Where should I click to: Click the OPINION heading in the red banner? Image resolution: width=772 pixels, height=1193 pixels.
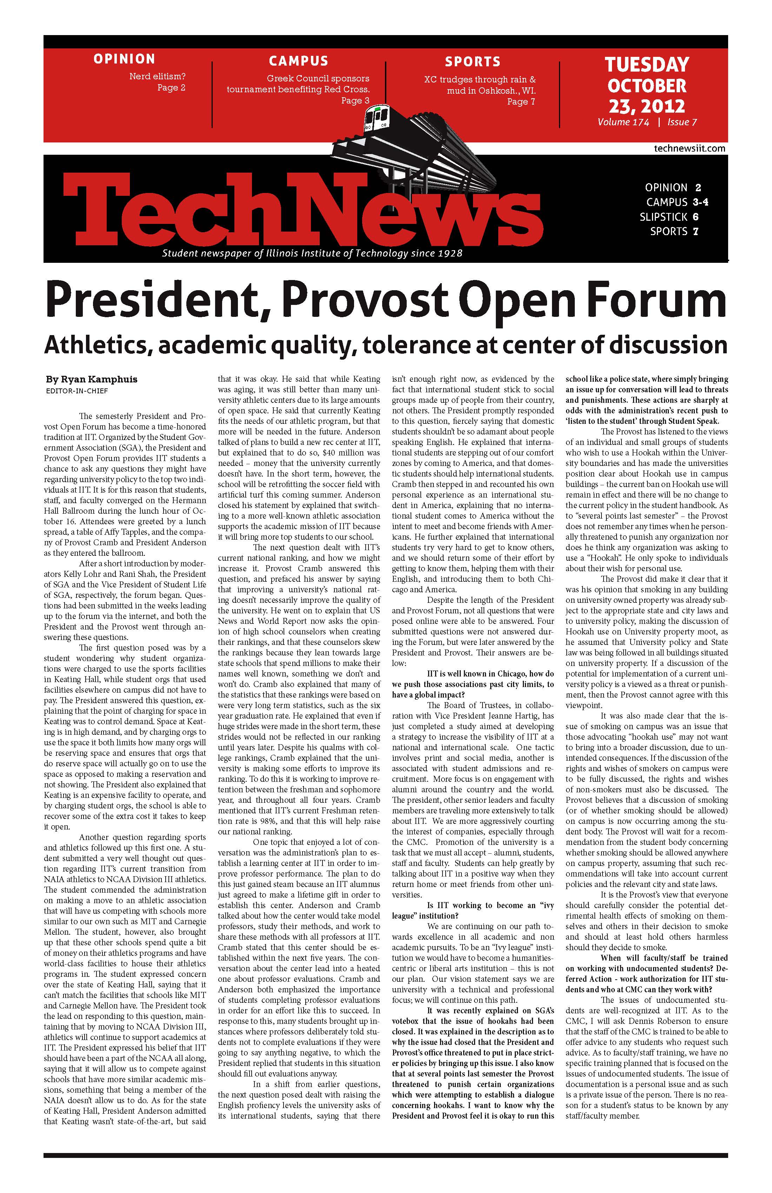click(x=124, y=59)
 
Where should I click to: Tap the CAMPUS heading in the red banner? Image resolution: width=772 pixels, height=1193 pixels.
click(x=298, y=61)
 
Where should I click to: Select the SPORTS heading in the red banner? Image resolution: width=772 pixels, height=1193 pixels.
click(x=473, y=62)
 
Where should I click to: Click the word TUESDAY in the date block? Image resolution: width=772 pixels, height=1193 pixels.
click(x=647, y=65)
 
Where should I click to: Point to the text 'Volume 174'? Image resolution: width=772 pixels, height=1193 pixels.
click(x=623, y=122)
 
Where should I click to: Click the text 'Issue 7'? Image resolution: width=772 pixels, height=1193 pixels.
click(x=682, y=122)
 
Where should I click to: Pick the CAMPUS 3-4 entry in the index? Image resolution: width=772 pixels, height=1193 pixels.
click(x=677, y=202)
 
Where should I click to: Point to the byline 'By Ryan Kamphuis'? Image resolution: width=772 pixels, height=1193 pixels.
click(x=91, y=379)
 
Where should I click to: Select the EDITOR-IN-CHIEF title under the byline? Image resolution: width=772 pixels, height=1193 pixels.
click(x=77, y=391)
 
